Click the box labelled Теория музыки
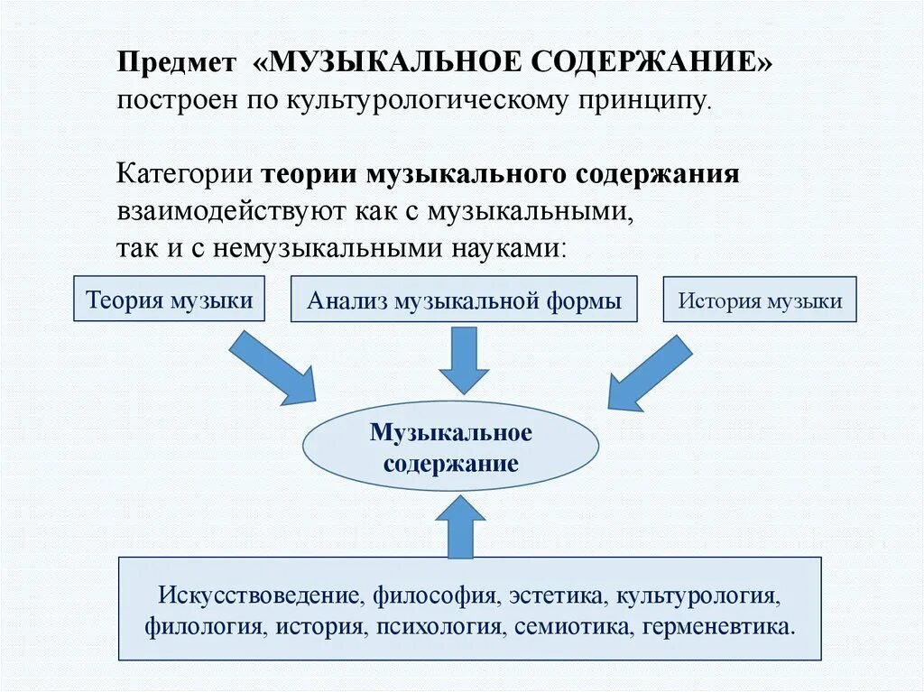(x=169, y=300)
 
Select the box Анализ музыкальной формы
(x=464, y=300)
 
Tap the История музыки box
(x=760, y=300)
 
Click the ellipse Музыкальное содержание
(x=450, y=447)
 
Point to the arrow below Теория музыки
(x=272, y=365)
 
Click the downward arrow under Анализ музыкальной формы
(x=463, y=359)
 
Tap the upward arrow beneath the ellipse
(x=460, y=527)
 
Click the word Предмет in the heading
(x=171, y=63)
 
